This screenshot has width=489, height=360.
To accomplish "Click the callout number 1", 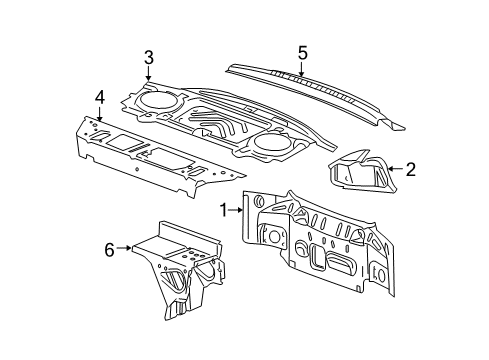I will [x=224, y=210].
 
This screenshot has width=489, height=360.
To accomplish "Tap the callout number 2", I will [x=409, y=169].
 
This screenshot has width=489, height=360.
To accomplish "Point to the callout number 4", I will [x=99, y=97].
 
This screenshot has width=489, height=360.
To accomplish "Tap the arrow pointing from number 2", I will [x=394, y=169].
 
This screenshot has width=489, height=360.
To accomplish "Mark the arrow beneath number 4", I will [x=99, y=114].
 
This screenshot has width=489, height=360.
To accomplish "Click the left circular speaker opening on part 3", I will [x=156, y=100].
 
